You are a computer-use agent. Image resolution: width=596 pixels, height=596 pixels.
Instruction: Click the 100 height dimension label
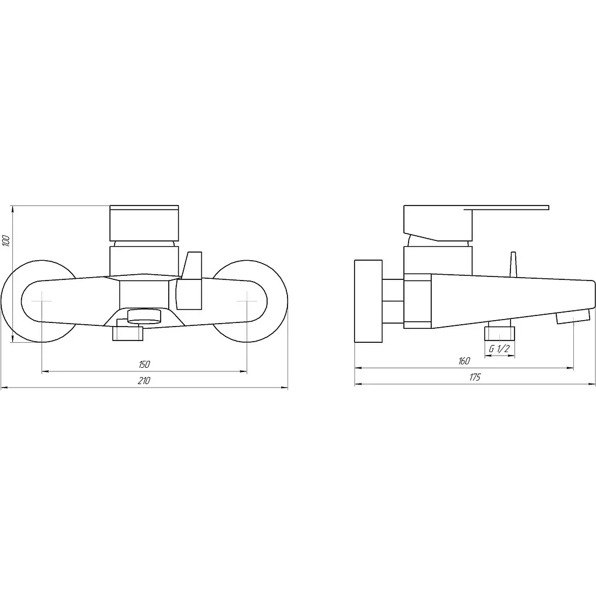coord(6,240)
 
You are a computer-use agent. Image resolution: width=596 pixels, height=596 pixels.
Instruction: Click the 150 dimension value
coord(144,364)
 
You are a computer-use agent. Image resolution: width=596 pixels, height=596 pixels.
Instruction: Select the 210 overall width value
coord(144,381)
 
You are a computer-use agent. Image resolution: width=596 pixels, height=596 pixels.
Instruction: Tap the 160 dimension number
coord(464,361)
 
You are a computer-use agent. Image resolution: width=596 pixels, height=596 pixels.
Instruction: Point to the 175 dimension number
coord(475,377)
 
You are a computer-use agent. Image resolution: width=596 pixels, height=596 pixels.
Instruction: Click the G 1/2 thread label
coord(499,348)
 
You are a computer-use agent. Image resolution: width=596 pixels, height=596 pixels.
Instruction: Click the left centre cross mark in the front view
coord(41,301)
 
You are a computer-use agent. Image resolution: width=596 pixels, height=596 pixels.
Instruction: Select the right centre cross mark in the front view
coord(247,301)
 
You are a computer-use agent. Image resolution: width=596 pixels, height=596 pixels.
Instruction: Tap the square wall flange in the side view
coord(368,301)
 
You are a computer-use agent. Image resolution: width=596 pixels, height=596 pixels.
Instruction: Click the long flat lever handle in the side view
coord(506,208)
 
